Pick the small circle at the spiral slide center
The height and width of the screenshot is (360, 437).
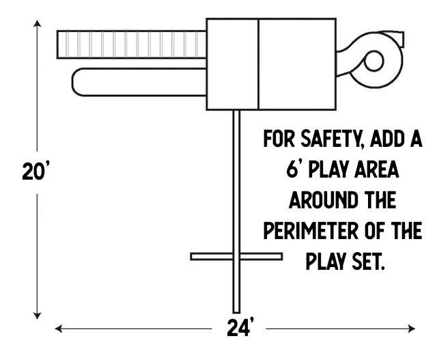pyautogui.click(x=373, y=62)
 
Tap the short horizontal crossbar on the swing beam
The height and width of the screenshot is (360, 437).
pyautogui.click(x=236, y=256)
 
